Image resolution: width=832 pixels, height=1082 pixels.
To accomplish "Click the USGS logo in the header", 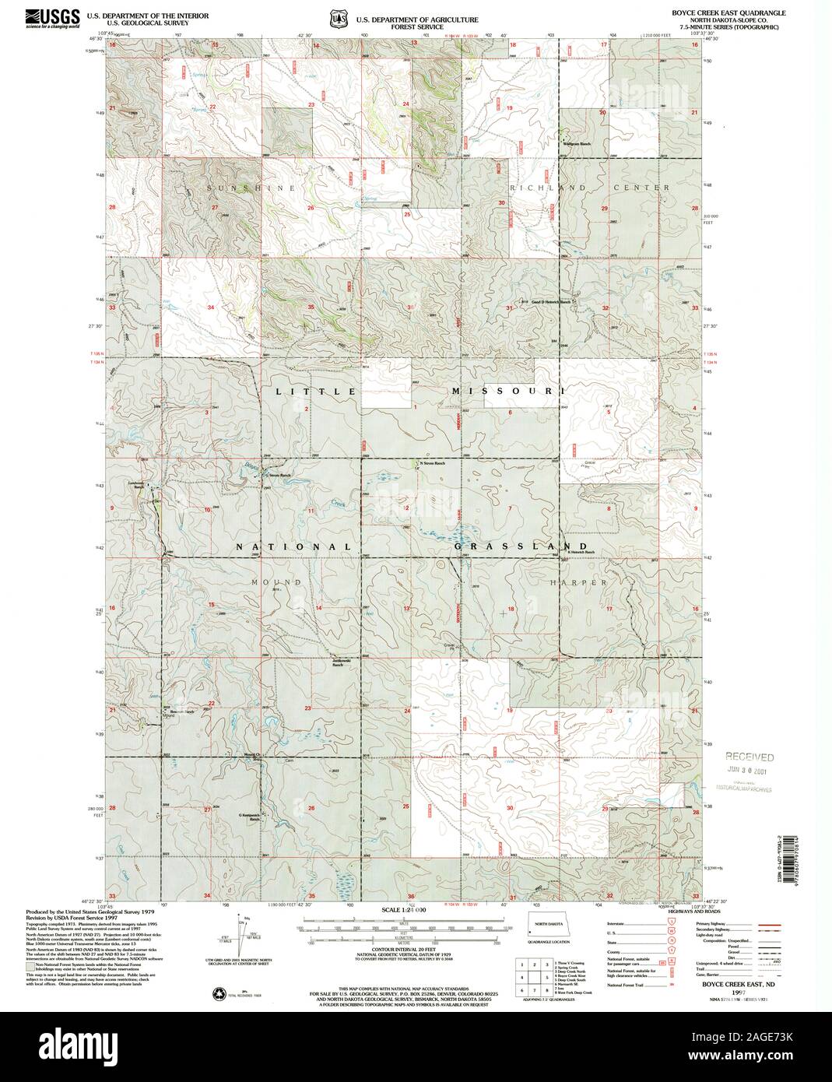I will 52,18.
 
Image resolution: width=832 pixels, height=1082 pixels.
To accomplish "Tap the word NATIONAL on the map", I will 295,546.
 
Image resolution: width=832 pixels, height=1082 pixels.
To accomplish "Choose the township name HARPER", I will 588,582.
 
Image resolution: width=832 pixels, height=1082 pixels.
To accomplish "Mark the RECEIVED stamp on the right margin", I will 750,757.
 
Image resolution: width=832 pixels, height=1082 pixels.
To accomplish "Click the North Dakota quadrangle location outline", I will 555,930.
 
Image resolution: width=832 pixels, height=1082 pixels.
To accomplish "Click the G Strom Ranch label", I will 278,476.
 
